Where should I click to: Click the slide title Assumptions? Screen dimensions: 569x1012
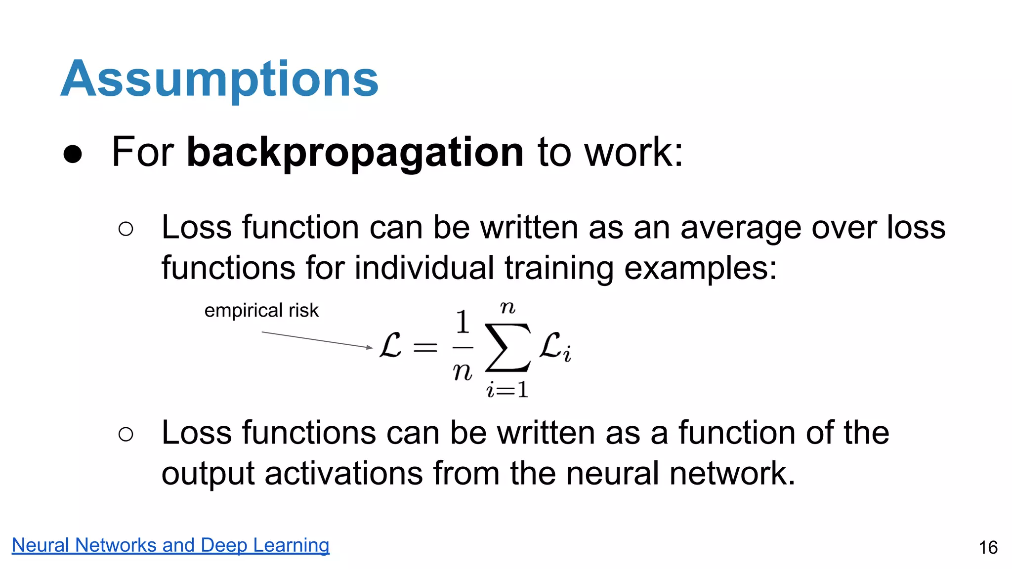point(219,79)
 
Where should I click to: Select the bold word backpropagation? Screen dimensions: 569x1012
point(355,152)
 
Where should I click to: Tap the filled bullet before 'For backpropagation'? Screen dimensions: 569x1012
point(73,154)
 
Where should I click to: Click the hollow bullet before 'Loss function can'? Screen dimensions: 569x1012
point(126,229)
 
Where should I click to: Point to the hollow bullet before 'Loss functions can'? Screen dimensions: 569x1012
point(126,434)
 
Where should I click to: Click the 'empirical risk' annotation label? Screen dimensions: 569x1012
point(261,311)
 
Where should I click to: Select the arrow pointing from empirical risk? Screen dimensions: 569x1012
point(317,340)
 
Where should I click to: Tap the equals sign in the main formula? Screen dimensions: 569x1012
point(425,347)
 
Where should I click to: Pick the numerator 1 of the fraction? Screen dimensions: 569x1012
point(463,322)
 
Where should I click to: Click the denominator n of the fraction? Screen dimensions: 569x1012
point(463,371)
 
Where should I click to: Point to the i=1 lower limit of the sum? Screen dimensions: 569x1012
point(507,390)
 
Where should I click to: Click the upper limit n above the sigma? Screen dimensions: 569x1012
point(507,308)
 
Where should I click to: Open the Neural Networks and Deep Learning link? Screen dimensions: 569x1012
point(170,545)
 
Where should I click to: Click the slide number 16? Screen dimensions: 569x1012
point(988,547)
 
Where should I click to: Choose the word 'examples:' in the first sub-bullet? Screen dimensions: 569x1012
point(700,268)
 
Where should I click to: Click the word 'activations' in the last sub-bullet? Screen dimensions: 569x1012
point(343,473)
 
